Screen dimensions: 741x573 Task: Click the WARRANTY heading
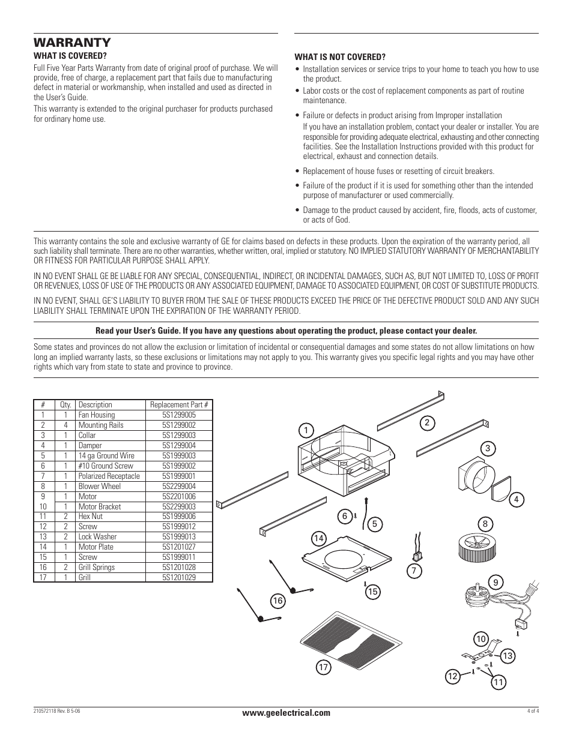(x=72, y=43)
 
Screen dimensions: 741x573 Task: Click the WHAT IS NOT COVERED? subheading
(x=339, y=57)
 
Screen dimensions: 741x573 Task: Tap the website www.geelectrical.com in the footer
(x=286, y=713)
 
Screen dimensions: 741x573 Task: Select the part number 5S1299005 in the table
(x=178, y=415)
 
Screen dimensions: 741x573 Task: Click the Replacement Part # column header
(x=179, y=404)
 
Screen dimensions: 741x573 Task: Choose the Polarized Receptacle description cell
(x=109, y=476)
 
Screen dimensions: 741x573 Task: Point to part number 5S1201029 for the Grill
(x=178, y=577)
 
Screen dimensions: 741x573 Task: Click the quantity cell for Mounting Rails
(x=65, y=425)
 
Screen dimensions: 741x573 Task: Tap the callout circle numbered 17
(x=324, y=668)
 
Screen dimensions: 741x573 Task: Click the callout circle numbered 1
(x=306, y=430)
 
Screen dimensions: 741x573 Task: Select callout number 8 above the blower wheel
(x=485, y=523)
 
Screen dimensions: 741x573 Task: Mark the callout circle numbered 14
(x=318, y=538)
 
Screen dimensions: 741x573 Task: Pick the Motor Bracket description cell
(x=99, y=506)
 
